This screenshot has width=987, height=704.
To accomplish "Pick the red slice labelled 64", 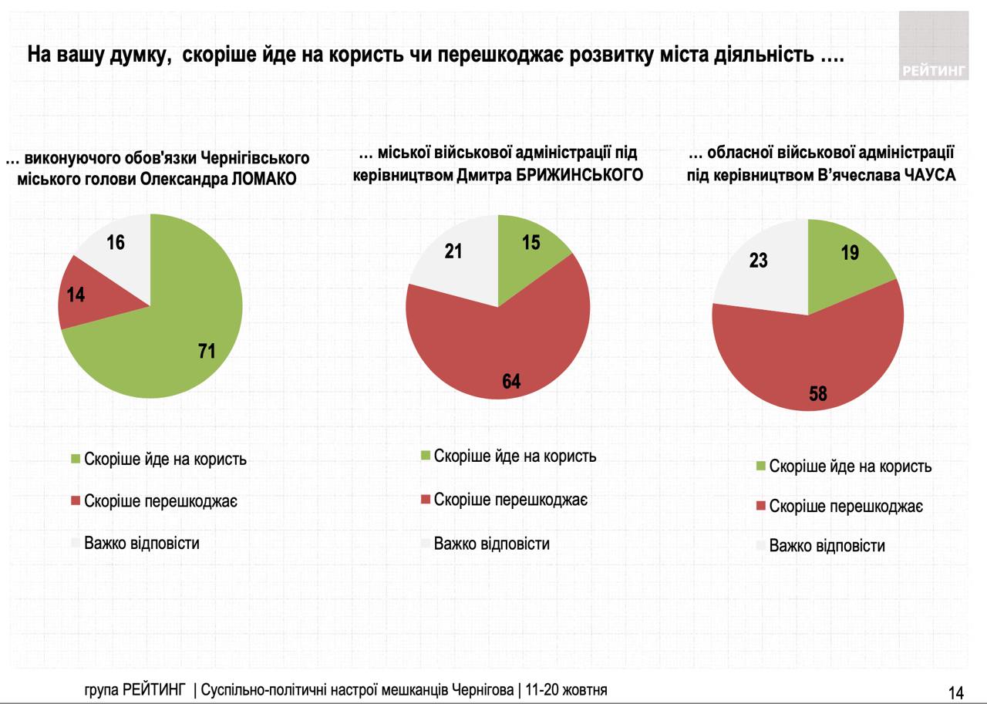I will coord(501,355).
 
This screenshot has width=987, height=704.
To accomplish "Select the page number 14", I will coord(956,692).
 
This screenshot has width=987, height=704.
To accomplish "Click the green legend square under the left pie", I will coord(75,460).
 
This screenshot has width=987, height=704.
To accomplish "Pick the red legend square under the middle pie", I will coord(425,500).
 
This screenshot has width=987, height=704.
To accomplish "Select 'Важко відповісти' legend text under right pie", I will coord(827,546).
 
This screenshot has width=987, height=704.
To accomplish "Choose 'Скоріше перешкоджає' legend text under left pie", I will coord(160,501).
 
